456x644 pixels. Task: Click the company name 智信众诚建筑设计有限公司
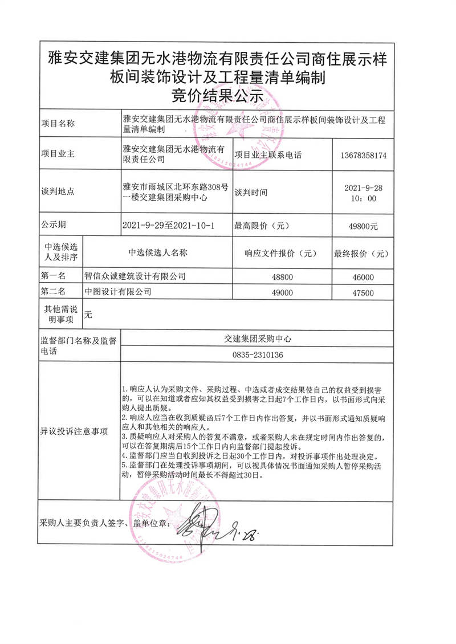(x=135, y=276)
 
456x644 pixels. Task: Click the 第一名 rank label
(x=54, y=276)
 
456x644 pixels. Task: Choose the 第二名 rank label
(x=54, y=292)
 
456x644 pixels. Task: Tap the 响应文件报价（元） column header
(x=280, y=252)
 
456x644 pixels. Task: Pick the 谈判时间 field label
(x=251, y=191)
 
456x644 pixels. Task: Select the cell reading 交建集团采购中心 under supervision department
(x=258, y=339)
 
